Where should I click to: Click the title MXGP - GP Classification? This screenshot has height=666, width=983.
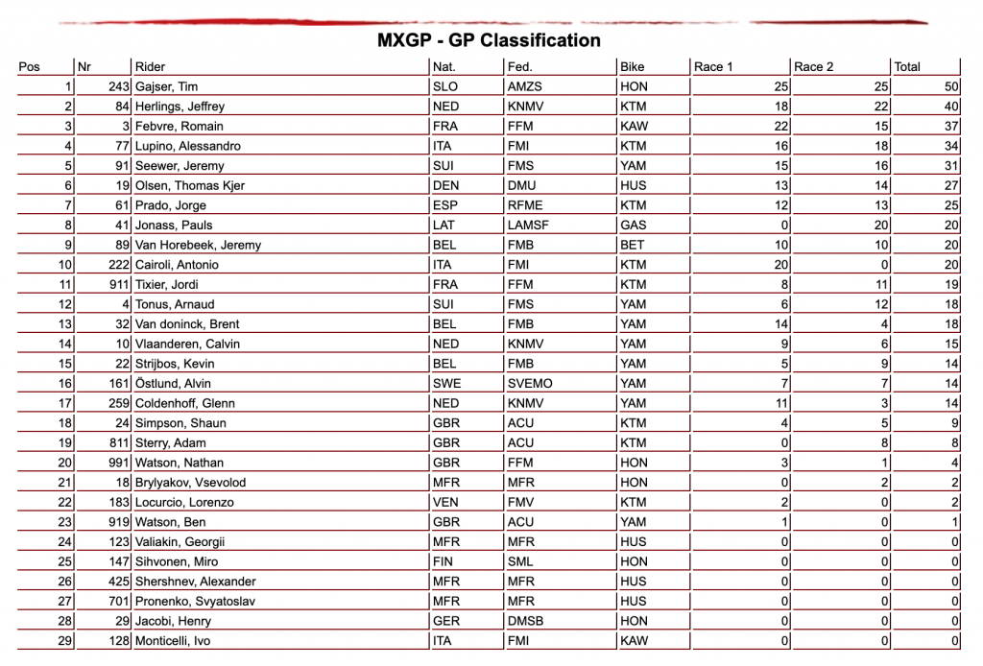point(489,40)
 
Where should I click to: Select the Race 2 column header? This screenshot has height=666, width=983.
point(813,67)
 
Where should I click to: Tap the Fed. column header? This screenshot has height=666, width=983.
point(519,67)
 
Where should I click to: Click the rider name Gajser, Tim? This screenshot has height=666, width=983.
point(166,86)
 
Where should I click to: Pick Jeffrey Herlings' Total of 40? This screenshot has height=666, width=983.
point(952,107)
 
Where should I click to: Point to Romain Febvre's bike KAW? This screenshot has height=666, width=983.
point(634,126)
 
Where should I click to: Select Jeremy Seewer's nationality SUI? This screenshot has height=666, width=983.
point(445,166)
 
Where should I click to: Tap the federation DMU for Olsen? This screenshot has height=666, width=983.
point(521,185)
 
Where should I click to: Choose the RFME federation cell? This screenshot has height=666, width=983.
point(524,205)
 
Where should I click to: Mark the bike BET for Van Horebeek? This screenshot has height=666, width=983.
point(633,245)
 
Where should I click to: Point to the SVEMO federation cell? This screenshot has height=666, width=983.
point(529,383)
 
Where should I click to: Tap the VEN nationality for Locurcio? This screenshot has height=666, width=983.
point(446,502)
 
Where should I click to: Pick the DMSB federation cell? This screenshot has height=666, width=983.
point(525,621)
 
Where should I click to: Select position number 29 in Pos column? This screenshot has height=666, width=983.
point(65,641)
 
